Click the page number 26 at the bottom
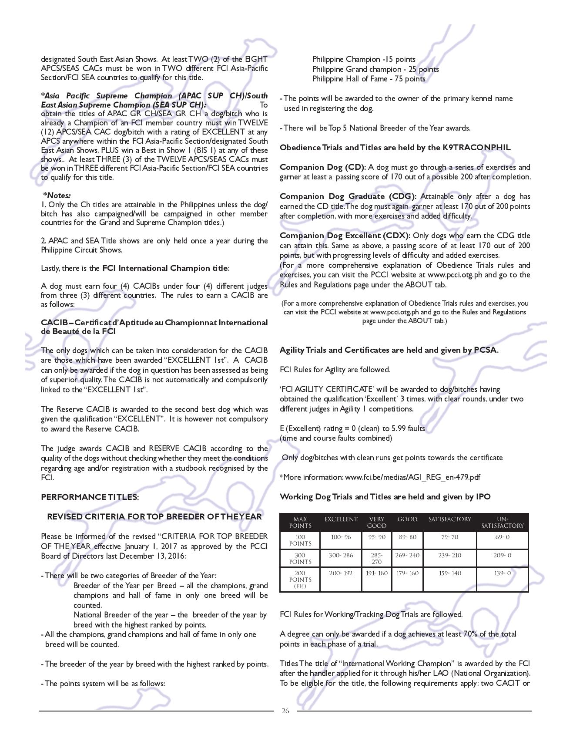[x=285, y=711]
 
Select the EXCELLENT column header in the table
[x=341, y=519]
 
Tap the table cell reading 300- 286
[x=341, y=555]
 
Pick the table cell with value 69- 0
[x=502, y=537]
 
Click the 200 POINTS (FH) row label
[x=300, y=580]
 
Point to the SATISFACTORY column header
[x=449, y=519]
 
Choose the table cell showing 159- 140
[x=449, y=573]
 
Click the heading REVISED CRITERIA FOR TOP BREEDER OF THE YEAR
[x=154, y=516]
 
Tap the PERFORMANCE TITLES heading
[x=90, y=497]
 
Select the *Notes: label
[x=57, y=196]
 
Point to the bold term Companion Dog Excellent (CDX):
[x=345, y=236]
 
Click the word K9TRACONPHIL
[x=476, y=148]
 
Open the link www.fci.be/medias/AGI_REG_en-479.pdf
[x=412, y=477]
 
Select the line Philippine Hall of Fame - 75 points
[x=369, y=79]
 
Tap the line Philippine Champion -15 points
[x=364, y=59]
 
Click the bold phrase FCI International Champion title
[x=165, y=268]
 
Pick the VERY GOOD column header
[x=376, y=522]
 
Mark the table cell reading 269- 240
[x=407, y=555]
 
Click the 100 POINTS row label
[x=300, y=540]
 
